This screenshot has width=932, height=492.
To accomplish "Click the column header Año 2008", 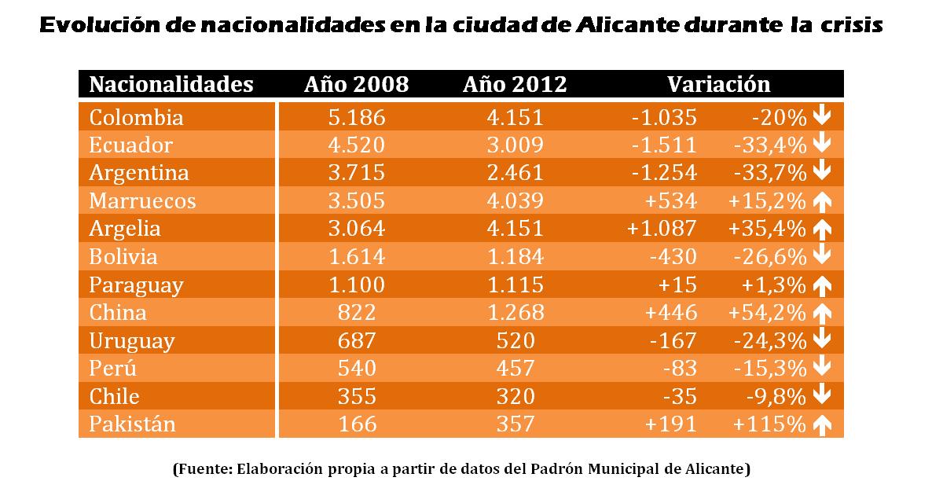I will point(356,85).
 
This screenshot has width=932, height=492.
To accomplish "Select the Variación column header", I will point(718,85).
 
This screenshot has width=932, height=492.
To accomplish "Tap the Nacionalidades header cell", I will point(171,85).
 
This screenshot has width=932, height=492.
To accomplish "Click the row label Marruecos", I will point(142,201).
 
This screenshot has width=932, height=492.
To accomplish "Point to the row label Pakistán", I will point(132,424).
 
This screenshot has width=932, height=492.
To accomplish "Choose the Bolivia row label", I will point(123,257).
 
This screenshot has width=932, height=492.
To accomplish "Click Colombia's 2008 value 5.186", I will point(356,118).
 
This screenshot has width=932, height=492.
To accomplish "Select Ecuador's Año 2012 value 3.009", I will point(515,145).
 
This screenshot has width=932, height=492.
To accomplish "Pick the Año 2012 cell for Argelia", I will point(515,229).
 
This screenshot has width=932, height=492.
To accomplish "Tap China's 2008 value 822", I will point(356,313).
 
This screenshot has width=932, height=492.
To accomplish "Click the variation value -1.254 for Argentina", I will point(664,173).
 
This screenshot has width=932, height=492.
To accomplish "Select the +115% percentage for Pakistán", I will point(769,424).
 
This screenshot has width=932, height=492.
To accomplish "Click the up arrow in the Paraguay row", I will point(822,285).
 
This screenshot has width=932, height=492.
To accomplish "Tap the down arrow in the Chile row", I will point(822,396).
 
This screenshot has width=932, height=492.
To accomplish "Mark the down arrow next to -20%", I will point(822,118).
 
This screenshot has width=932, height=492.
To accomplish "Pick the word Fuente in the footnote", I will point(203,470).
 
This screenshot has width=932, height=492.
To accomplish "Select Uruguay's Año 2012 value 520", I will point(515,341).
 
